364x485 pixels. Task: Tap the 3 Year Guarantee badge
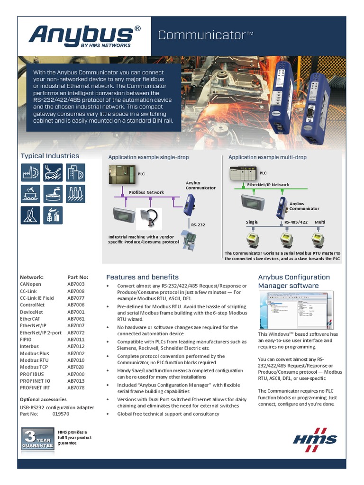[x=37, y=438]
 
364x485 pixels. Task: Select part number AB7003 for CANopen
[x=76, y=284]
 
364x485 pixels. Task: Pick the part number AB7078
[x=76, y=387]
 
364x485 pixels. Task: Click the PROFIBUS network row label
[x=32, y=374]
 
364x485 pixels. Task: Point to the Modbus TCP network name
[x=35, y=367]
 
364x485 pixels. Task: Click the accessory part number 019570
[x=61, y=413]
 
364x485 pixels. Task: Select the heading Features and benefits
[x=142, y=277]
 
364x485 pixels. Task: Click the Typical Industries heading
[x=50, y=156]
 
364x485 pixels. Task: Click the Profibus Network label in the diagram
[x=146, y=192]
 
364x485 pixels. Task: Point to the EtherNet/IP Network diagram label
[x=268, y=185]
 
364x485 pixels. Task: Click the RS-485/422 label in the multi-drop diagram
[x=296, y=222]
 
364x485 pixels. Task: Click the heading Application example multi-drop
[x=267, y=157]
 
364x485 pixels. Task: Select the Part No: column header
[x=78, y=277]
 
